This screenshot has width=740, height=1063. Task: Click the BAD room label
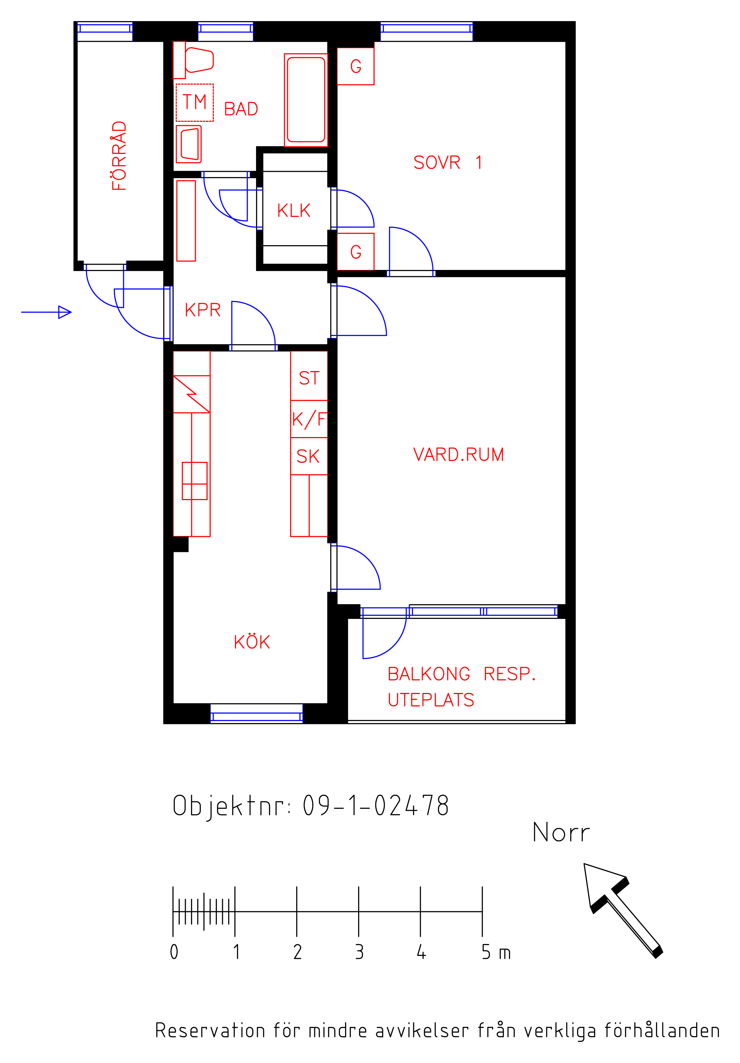point(241,109)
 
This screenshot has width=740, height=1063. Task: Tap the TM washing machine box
point(194,102)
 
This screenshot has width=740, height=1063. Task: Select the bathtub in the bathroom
point(306,100)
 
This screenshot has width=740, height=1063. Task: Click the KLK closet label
point(294,211)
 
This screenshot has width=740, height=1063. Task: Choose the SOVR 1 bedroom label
point(447,162)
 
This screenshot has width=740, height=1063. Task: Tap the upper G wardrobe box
point(355,66)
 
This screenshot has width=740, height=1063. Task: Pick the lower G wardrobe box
point(355,252)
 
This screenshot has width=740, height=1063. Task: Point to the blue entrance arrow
point(46,312)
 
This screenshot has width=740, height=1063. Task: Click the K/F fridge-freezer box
point(309,419)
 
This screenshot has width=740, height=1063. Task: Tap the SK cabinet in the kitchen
point(309,456)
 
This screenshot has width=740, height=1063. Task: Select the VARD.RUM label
point(458,455)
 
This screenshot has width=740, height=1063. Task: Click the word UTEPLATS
point(431,700)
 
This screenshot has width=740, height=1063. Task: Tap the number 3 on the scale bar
point(359,952)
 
